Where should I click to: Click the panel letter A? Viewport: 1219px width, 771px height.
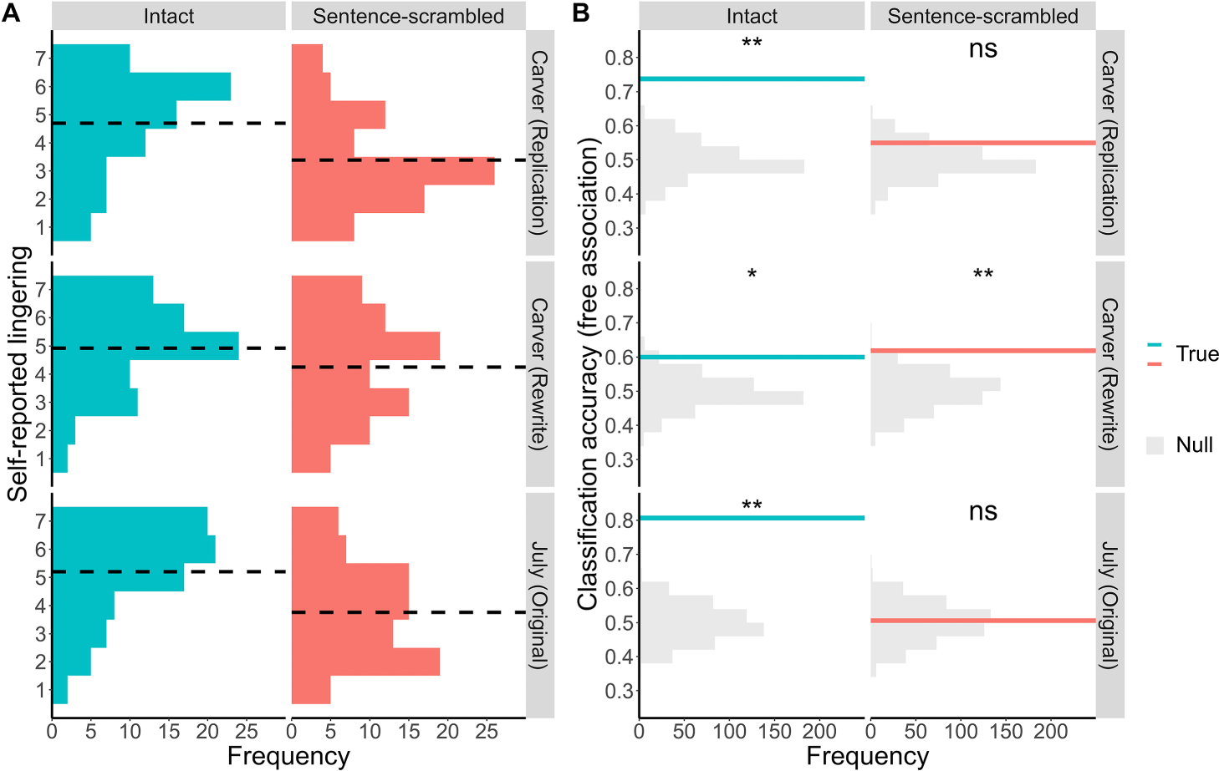tap(11, 13)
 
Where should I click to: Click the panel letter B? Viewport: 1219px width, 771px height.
tap(581, 13)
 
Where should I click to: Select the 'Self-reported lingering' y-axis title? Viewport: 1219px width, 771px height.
tap(18, 373)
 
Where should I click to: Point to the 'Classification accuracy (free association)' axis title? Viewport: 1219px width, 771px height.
tap(589, 373)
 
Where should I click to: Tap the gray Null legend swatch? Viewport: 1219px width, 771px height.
tap(1155, 445)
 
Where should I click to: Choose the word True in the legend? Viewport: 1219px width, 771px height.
tap(1196, 354)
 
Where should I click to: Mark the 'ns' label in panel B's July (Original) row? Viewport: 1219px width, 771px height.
tap(982, 511)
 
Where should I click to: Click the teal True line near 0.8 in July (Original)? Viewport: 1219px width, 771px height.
tap(752, 518)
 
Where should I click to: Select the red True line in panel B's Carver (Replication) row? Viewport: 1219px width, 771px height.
tap(982, 143)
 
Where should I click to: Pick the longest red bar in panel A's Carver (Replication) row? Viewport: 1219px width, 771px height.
tap(392, 171)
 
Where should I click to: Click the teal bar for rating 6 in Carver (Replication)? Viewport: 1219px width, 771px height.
tap(141, 87)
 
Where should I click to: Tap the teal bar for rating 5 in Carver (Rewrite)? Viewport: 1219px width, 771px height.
tap(145, 347)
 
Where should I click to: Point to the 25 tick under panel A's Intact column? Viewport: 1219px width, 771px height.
tap(246, 733)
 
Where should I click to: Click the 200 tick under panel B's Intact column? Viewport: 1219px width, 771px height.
tap(819, 733)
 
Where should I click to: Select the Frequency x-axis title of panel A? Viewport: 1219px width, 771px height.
tap(288, 757)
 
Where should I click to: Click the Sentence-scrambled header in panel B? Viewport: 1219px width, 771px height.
tap(982, 16)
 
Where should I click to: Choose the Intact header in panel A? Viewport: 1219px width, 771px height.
tap(169, 16)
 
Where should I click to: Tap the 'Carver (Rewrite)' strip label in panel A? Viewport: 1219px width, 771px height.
tap(539, 373)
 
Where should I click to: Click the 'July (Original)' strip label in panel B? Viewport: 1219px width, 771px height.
tap(1109, 605)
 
